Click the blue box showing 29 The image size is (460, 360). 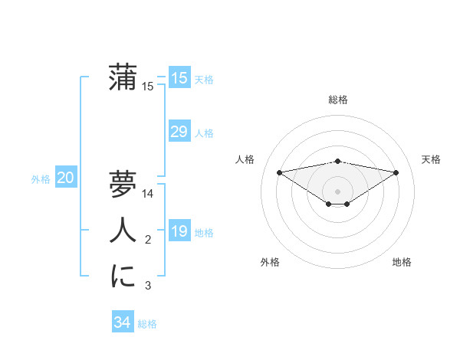179,132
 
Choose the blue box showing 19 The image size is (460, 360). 179,231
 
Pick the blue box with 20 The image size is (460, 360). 65,178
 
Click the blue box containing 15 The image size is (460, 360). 179,77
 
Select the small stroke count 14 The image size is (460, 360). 149,195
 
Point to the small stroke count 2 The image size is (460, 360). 148,241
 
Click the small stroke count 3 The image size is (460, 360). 148,286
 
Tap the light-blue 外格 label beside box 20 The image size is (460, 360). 41,179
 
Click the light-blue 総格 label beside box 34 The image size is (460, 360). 147,324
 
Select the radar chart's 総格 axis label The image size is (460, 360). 337,100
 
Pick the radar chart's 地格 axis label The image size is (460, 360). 402,262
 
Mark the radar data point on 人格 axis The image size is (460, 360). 279,172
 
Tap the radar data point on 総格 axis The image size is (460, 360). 337,161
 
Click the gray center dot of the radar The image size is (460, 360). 337,191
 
